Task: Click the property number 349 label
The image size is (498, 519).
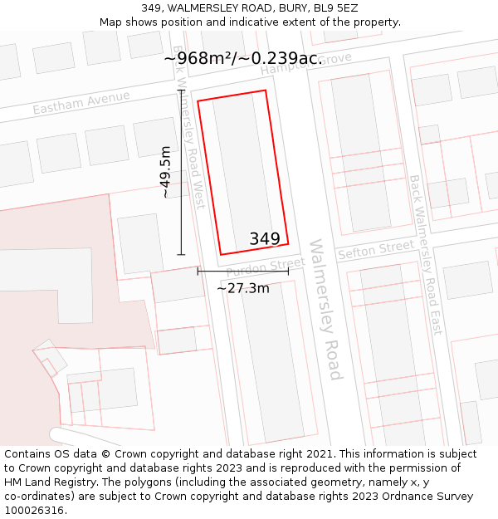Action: [265, 239]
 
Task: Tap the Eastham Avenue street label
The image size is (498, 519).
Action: [81, 103]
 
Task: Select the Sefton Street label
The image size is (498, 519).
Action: [375, 249]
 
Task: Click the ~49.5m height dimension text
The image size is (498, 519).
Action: [165, 172]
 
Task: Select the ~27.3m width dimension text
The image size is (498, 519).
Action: [243, 288]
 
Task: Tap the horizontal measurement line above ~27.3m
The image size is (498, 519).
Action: [243, 271]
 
